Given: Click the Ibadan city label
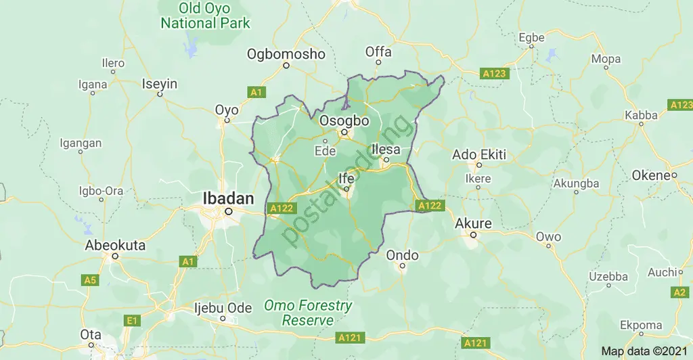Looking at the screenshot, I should coord(229,198).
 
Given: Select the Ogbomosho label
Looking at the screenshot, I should coord(286,54).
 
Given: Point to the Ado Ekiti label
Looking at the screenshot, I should coord(479,154).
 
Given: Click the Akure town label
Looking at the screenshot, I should coord(474,223).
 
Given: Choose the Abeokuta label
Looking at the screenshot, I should coord(115,246).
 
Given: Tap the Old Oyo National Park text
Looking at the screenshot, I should coord(205,16).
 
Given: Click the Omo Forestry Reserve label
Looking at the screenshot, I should coord(308,313).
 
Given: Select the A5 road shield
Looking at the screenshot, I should coord(89,279).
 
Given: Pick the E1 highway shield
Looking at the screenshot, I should coord(131,320).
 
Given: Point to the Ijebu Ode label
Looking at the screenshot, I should coord(223,308).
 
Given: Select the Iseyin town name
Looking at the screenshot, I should coord(160,84).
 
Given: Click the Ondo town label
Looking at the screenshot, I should coord(402,255).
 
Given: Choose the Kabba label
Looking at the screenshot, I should coord(641,115).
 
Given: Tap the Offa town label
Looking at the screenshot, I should coord(378,52).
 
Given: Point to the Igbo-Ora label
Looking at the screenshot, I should coord(101,191).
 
